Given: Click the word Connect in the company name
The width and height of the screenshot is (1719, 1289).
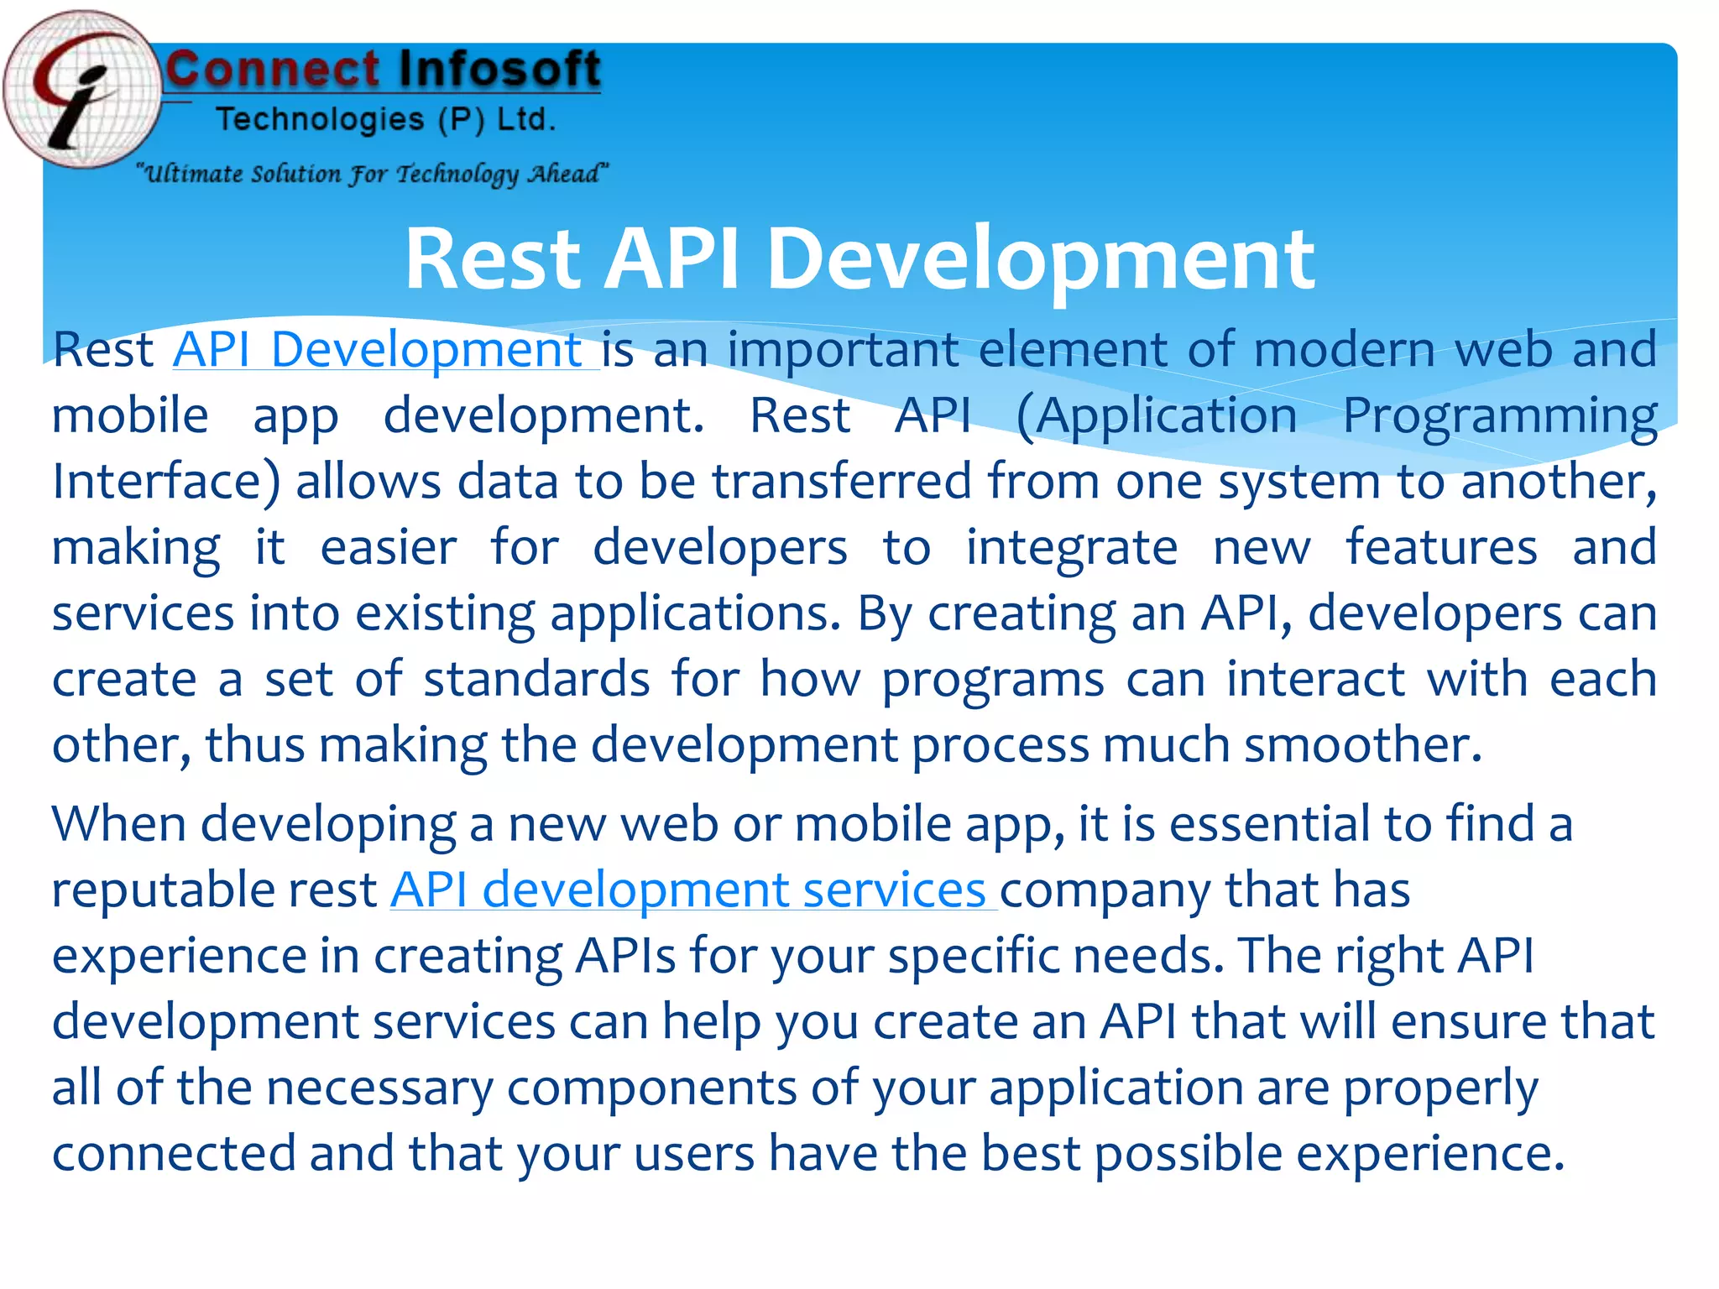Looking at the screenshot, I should (x=273, y=70).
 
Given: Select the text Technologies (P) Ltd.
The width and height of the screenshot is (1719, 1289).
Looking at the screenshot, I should (x=385, y=120).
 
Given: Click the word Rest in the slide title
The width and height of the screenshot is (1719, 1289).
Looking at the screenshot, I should (x=493, y=259).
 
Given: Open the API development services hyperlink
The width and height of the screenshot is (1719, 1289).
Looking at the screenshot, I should (x=692, y=890).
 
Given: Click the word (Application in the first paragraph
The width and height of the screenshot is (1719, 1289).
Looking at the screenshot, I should (x=1156, y=416).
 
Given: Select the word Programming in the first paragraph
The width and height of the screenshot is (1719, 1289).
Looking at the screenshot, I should (x=1499, y=416).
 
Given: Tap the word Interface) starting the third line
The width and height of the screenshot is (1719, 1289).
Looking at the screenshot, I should (x=165, y=483).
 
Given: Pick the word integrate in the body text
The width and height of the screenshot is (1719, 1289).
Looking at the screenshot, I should (x=1072, y=548).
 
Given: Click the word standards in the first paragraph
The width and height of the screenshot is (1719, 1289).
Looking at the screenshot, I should (x=536, y=680).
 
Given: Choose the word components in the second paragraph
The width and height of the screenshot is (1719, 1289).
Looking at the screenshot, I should (x=651, y=1088).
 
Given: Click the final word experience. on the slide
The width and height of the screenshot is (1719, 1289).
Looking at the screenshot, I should (x=1430, y=1154).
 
